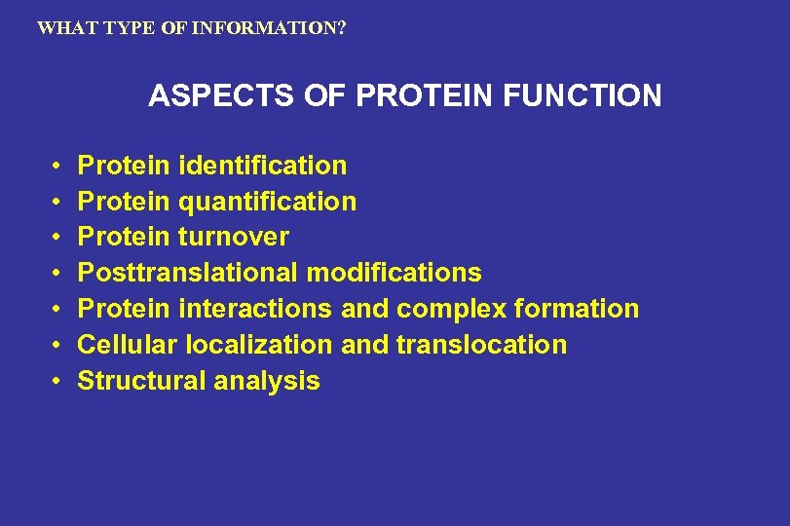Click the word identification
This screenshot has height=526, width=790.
(263, 166)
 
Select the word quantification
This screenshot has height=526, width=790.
(268, 202)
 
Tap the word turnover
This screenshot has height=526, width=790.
(234, 237)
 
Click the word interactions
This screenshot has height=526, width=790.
(256, 309)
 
